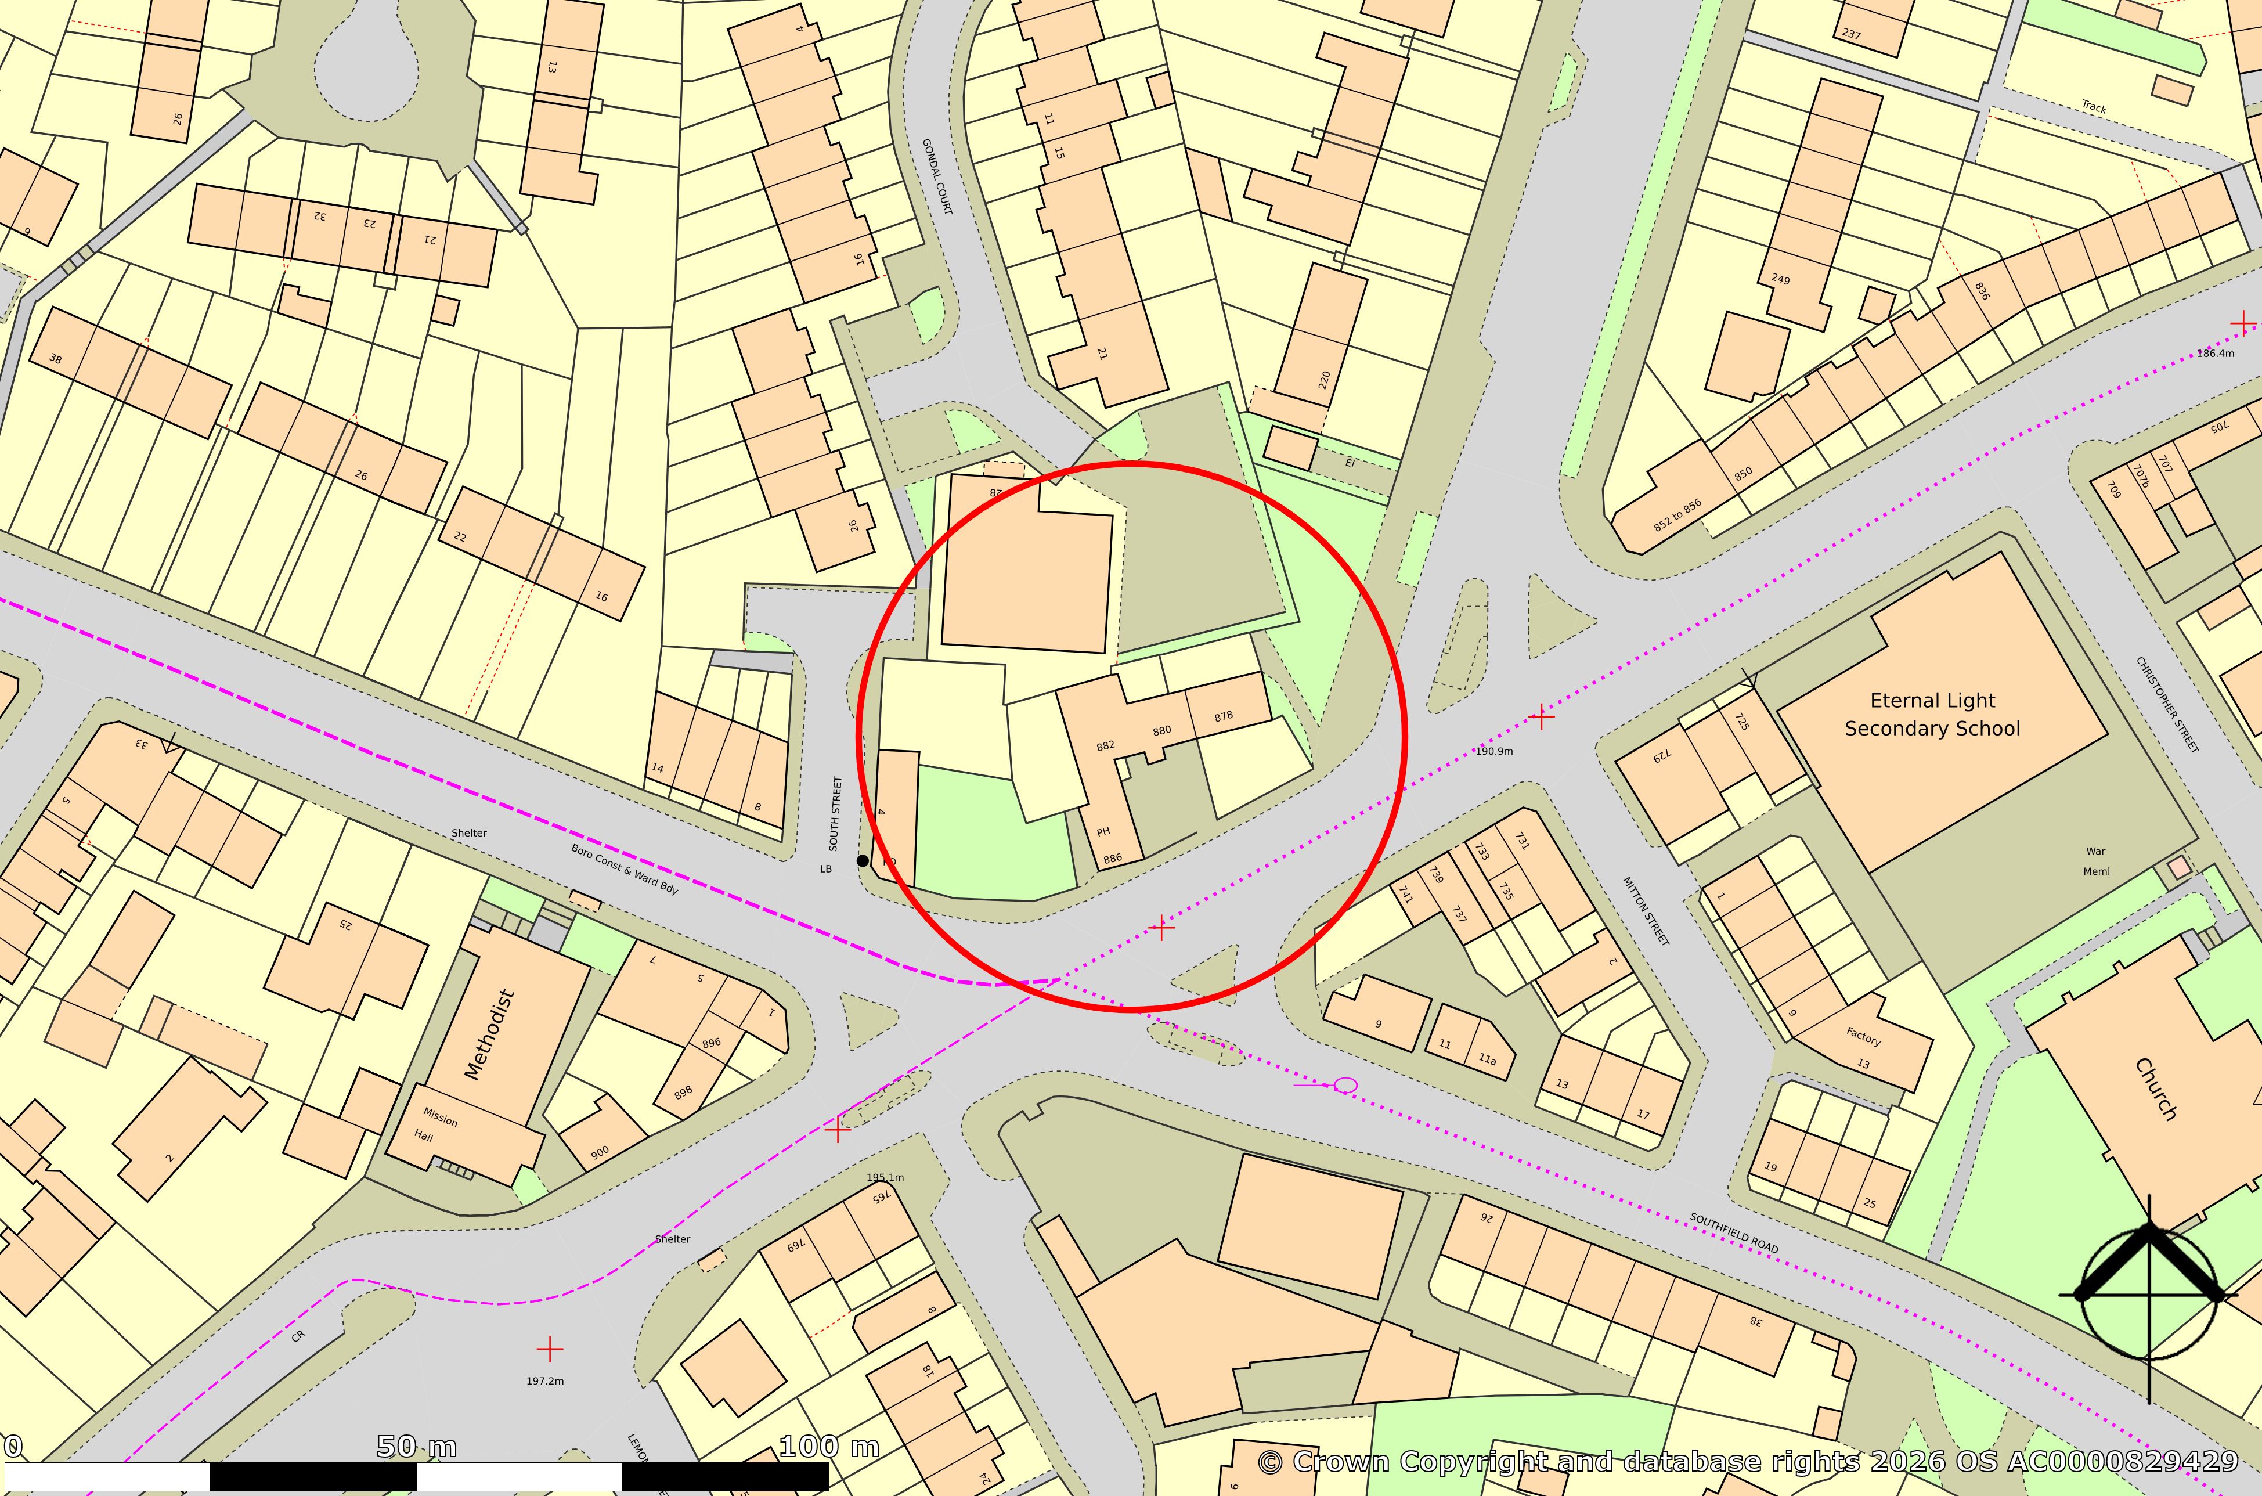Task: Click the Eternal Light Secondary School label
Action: tap(1932, 715)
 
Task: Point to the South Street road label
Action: tap(836, 813)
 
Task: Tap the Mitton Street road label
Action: tap(1646, 911)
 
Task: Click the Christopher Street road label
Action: tap(2167, 704)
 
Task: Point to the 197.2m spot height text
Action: tap(545, 1380)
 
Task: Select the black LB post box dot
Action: tap(863, 860)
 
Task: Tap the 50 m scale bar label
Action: tap(416, 1447)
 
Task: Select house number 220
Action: tap(1324, 380)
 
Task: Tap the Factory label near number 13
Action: tap(1862, 1036)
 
